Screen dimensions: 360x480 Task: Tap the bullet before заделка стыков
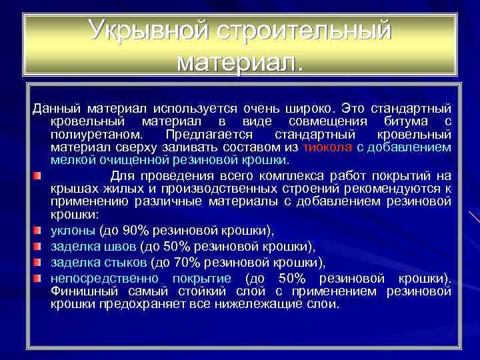pyautogui.click(x=39, y=261)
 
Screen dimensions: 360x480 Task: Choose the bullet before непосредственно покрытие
pyautogui.click(x=39, y=277)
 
